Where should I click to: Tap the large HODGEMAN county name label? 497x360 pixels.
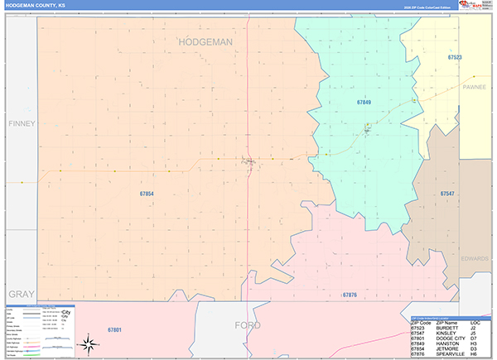click(x=205, y=41)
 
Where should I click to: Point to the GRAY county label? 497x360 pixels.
click(x=20, y=295)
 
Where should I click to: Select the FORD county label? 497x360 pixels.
click(x=248, y=324)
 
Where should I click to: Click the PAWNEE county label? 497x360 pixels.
click(x=475, y=85)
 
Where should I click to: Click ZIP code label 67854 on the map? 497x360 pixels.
click(x=146, y=194)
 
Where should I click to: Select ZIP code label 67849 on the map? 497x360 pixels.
click(x=364, y=103)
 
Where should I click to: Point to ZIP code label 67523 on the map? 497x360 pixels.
click(x=455, y=57)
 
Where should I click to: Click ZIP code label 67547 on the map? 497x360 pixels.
click(x=447, y=194)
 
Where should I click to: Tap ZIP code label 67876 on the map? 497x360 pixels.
click(x=350, y=295)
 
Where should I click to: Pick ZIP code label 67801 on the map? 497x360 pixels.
click(x=114, y=330)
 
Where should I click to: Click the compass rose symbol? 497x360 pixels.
click(x=86, y=343)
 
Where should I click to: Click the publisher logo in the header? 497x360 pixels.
click(x=475, y=5)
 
